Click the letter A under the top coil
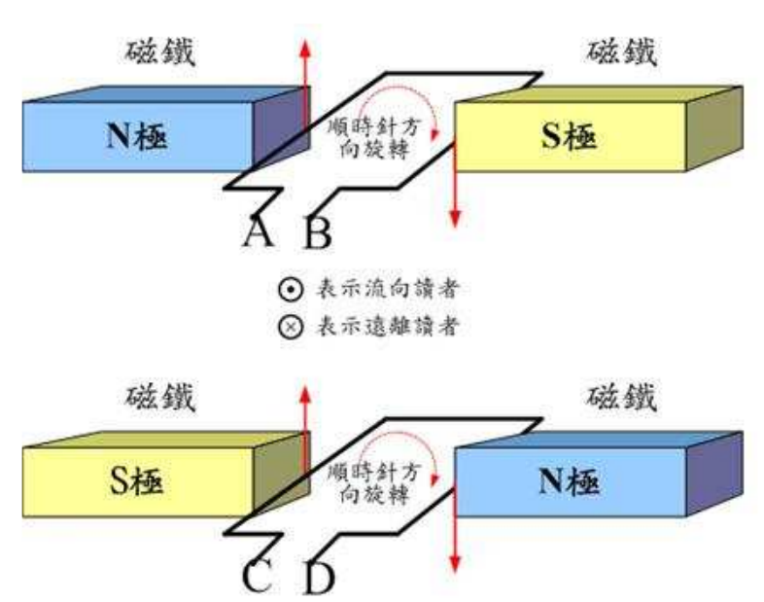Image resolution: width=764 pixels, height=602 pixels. [258, 230]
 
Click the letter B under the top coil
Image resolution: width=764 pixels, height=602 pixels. [319, 232]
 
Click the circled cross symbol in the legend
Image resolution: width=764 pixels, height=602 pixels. [288, 326]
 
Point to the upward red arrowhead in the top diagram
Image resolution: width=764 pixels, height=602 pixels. [306, 48]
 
